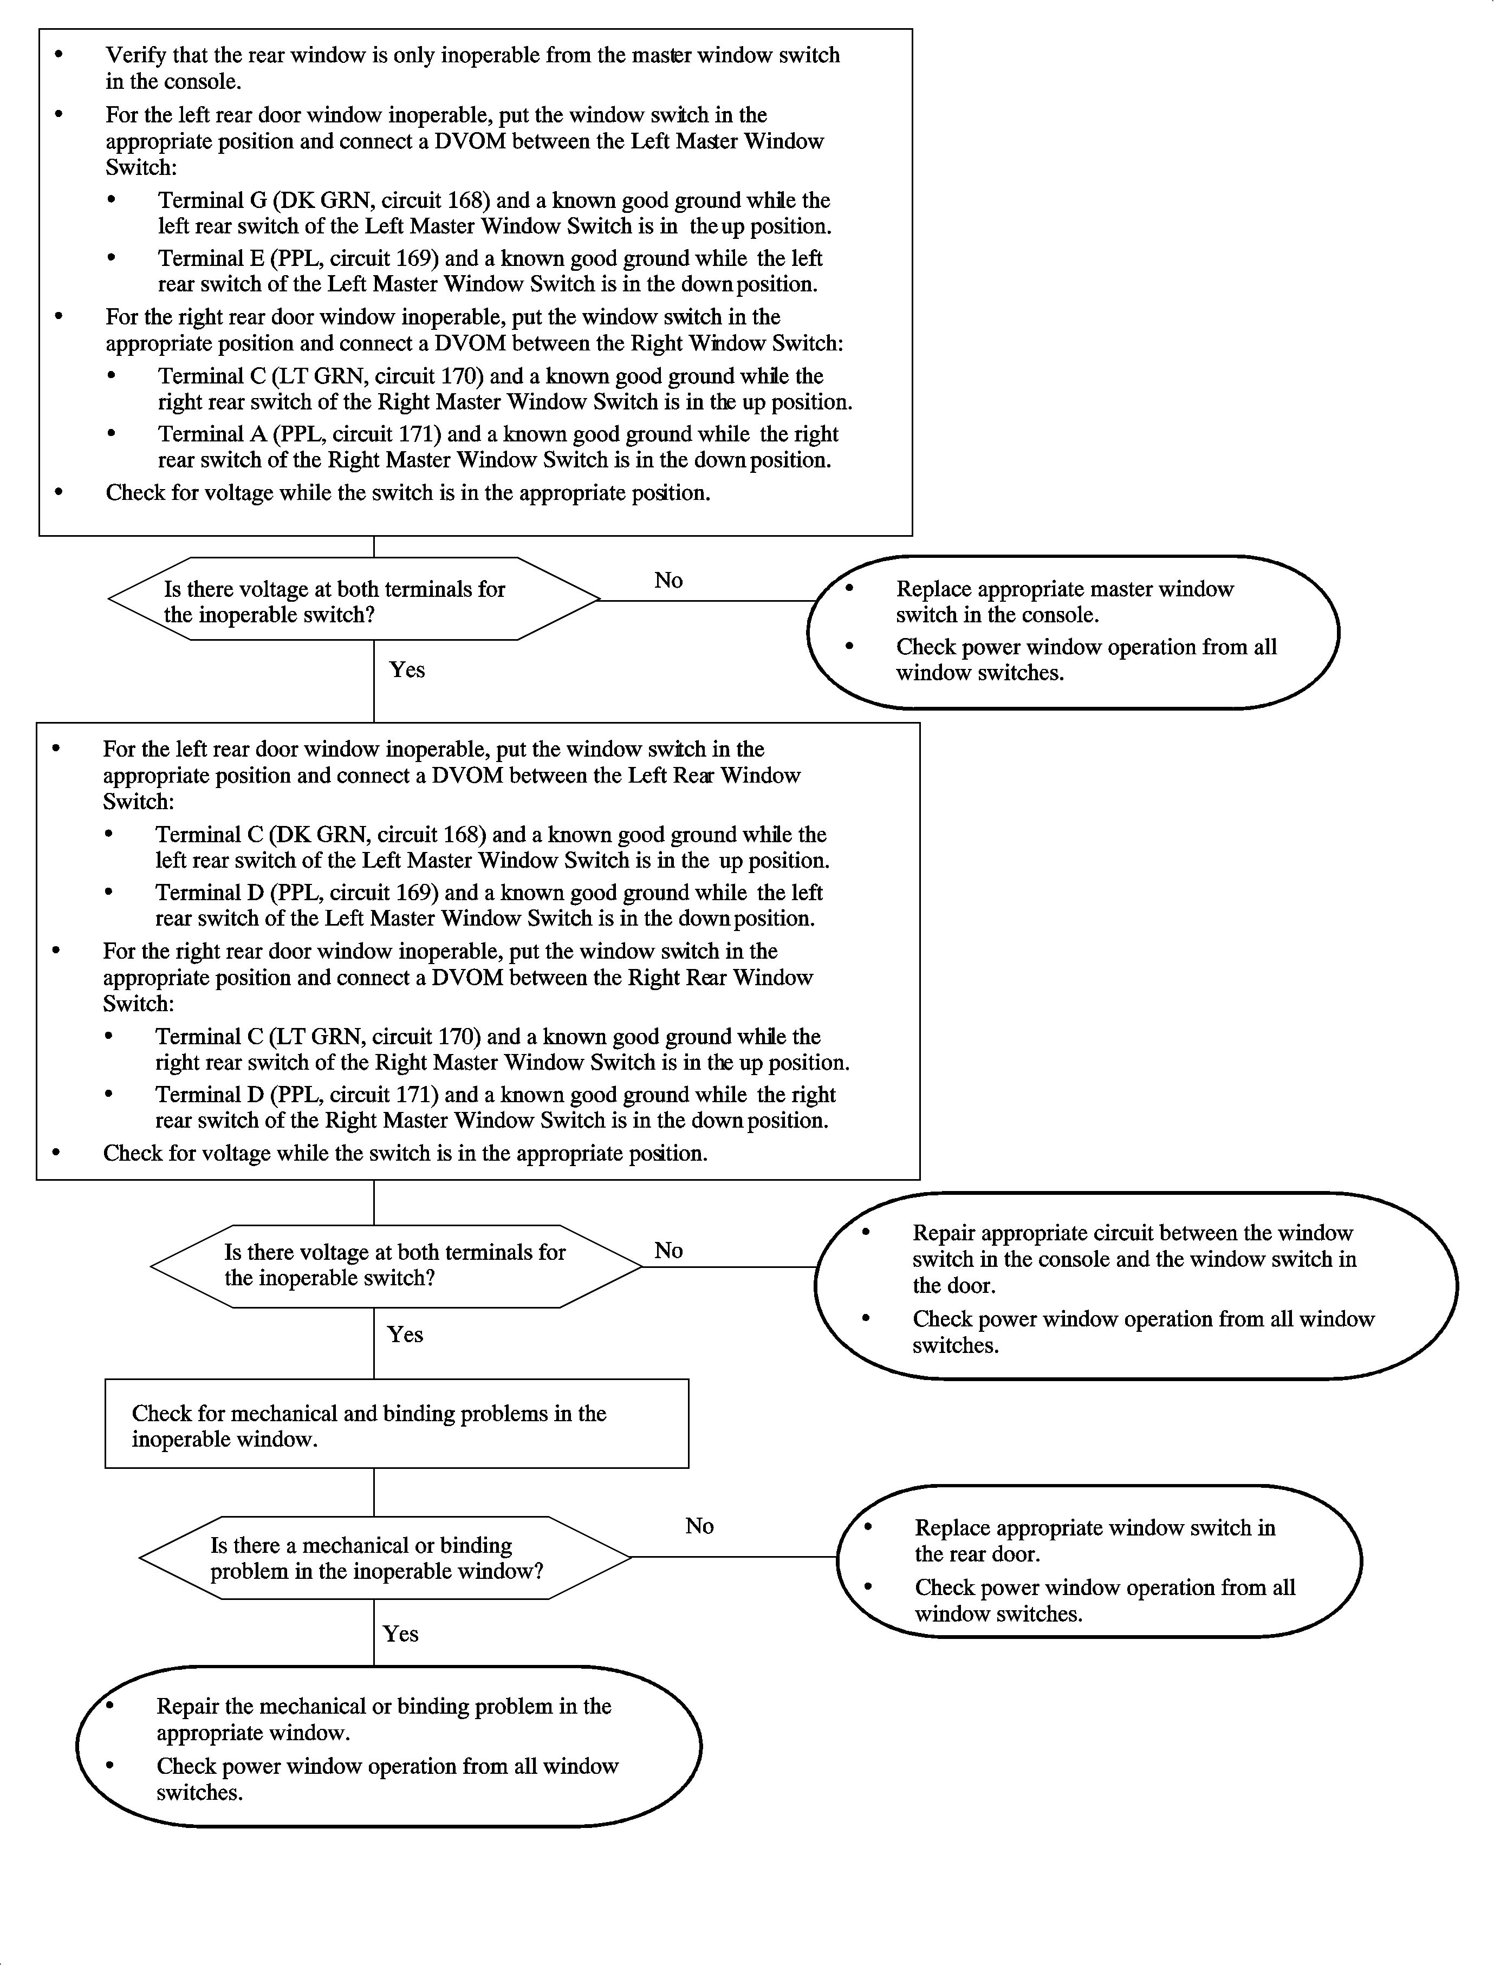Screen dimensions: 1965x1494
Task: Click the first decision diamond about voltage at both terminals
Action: coord(354,599)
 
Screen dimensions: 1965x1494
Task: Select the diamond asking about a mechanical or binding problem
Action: coord(384,1557)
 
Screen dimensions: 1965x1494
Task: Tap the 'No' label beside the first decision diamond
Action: coord(669,581)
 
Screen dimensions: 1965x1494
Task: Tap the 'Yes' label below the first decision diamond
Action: coord(407,669)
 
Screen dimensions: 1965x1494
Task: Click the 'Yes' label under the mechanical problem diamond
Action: coord(401,1634)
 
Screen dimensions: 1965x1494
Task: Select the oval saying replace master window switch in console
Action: coord(1073,632)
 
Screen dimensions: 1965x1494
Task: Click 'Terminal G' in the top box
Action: coord(212,201)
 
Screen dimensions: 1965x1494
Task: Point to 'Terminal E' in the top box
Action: coord(212,259)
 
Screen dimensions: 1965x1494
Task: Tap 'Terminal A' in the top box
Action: coord(212,435)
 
